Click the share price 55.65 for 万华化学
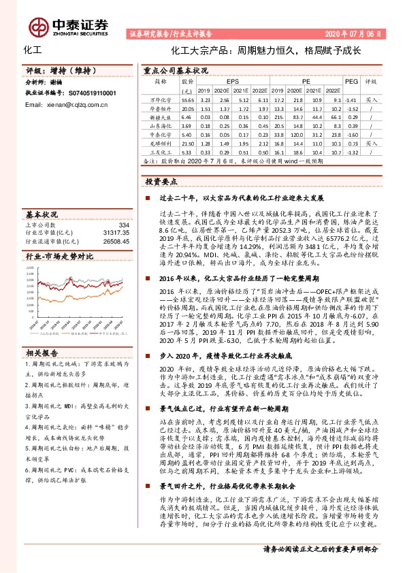[188, 99]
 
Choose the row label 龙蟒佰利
[158, 144]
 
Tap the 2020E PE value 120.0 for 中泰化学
[297, 135]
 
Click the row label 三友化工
[158, 153]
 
